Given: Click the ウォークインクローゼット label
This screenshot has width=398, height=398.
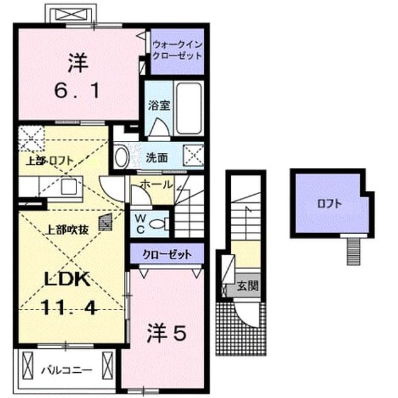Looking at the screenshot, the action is pos(178,51).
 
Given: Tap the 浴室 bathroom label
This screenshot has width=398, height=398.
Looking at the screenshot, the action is pos(159,106).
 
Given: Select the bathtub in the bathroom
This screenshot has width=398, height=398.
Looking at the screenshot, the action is pos(189,109).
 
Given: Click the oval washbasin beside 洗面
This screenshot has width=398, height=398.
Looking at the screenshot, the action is pos(121,157).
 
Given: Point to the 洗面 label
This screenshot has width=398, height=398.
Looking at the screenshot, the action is pos(157,158).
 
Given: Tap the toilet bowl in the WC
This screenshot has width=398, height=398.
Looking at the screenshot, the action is pos(157,224).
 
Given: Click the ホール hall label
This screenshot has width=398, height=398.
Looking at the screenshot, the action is pos(156,184).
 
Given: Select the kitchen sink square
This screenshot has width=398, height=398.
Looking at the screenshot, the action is pos(69,186).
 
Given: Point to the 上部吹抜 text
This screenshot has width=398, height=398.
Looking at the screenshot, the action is pos(67,230).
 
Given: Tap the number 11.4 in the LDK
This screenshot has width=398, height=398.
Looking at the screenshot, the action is pos(69,307).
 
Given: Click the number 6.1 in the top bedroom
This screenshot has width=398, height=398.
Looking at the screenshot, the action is pos(76,91).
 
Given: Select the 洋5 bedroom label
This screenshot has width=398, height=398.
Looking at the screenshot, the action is pos(167,333).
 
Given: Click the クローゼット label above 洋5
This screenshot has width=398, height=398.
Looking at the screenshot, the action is pos(167,255).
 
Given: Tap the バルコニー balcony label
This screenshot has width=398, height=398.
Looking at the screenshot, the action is pos(67,371).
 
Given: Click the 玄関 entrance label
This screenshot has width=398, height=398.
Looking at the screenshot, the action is pos(248,286).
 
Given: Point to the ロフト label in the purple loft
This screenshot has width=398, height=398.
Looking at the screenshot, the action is pos(329,204).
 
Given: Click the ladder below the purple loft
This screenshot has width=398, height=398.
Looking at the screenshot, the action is pos(354,251).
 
